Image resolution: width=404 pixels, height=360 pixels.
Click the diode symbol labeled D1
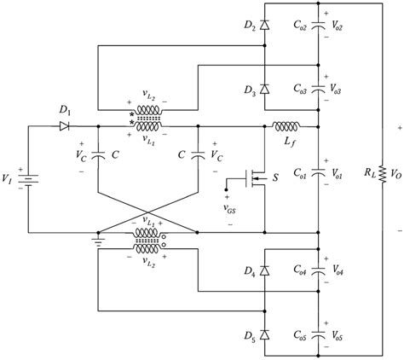[64, 125]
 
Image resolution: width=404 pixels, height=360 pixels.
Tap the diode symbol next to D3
[263, 89]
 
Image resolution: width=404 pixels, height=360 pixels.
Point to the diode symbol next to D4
[263, 271]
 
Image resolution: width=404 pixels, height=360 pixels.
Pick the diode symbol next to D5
[263, 330]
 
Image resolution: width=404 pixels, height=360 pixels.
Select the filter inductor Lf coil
[283, 125]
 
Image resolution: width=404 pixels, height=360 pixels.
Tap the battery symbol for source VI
[28, 181]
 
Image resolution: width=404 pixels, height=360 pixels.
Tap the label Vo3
[345, 88]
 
